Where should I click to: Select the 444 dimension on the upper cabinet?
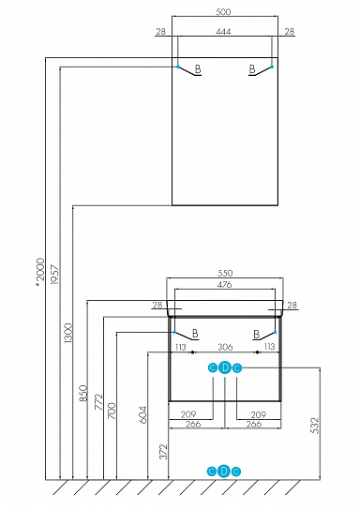point(224,32)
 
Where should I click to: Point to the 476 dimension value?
point(224,286)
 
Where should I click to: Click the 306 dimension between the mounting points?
point(224,347)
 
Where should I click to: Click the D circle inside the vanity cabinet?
point(224,367)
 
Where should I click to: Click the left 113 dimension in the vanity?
point(180,347)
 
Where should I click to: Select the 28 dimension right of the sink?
point(292,305)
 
